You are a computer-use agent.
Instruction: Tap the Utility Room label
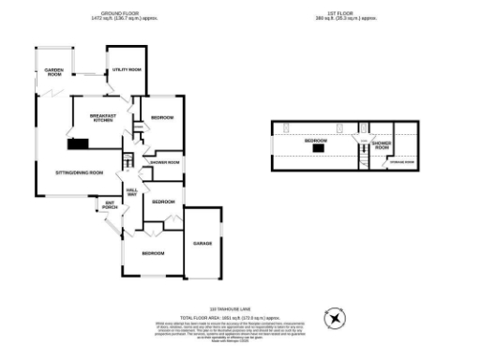pos(127,69)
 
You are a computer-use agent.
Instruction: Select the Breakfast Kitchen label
pos(101,118)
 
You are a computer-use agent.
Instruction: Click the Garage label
pos(202,243)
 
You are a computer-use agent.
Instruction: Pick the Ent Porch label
pos(110,205)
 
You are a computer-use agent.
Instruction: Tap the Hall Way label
pos(132,191)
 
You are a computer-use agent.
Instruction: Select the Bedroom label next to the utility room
pos(162,117)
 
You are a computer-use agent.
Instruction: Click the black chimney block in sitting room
pos(78,144)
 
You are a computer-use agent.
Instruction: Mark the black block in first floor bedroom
pos(319,147)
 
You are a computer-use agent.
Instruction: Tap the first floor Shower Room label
pos(382,145)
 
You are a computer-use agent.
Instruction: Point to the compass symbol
pos(335,320)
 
